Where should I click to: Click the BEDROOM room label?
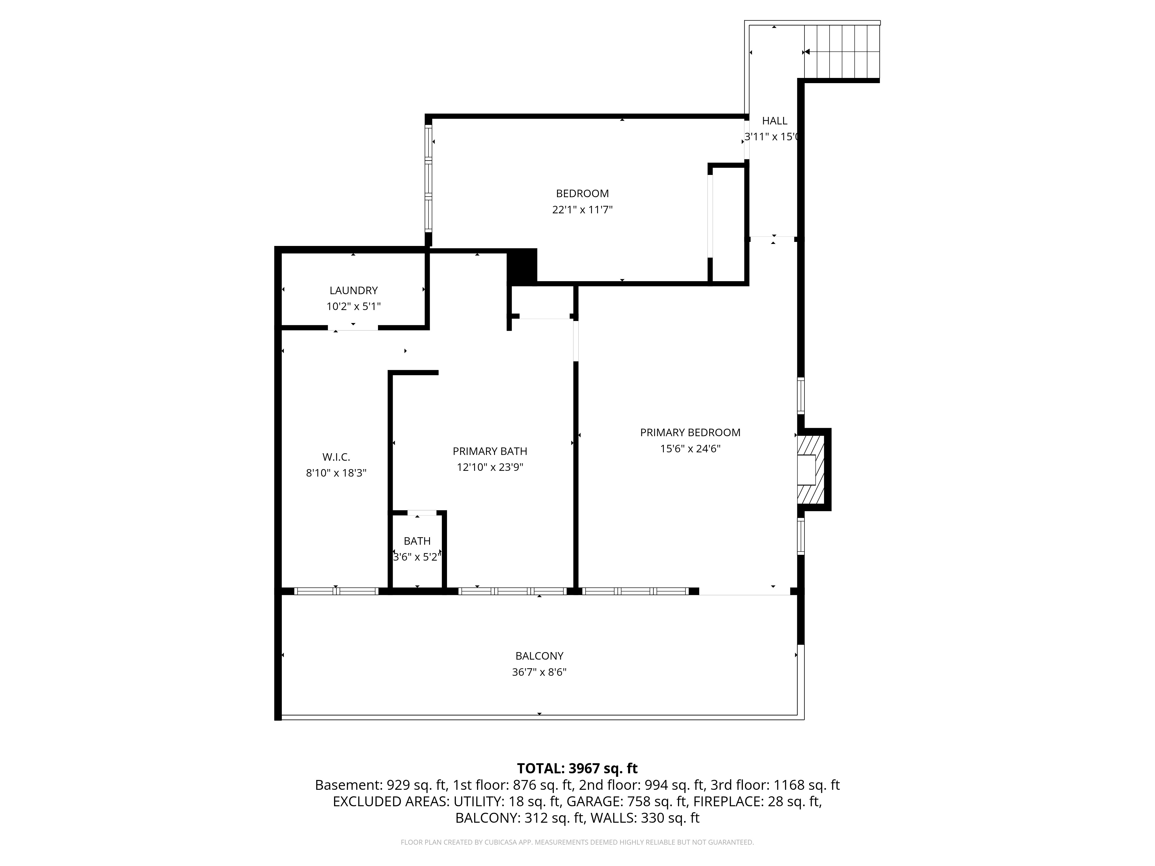582,194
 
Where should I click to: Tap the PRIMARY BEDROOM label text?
690,433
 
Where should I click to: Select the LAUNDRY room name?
353,291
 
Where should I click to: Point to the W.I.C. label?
336,457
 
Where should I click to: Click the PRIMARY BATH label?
490,451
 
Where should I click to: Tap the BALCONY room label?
539,656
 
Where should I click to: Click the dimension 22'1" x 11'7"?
582,210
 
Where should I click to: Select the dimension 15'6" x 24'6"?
690,449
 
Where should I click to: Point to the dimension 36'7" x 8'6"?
539,672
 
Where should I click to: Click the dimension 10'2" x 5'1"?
353,307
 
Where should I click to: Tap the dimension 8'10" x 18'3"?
336,473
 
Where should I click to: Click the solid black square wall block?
522,267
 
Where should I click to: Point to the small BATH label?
417,541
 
